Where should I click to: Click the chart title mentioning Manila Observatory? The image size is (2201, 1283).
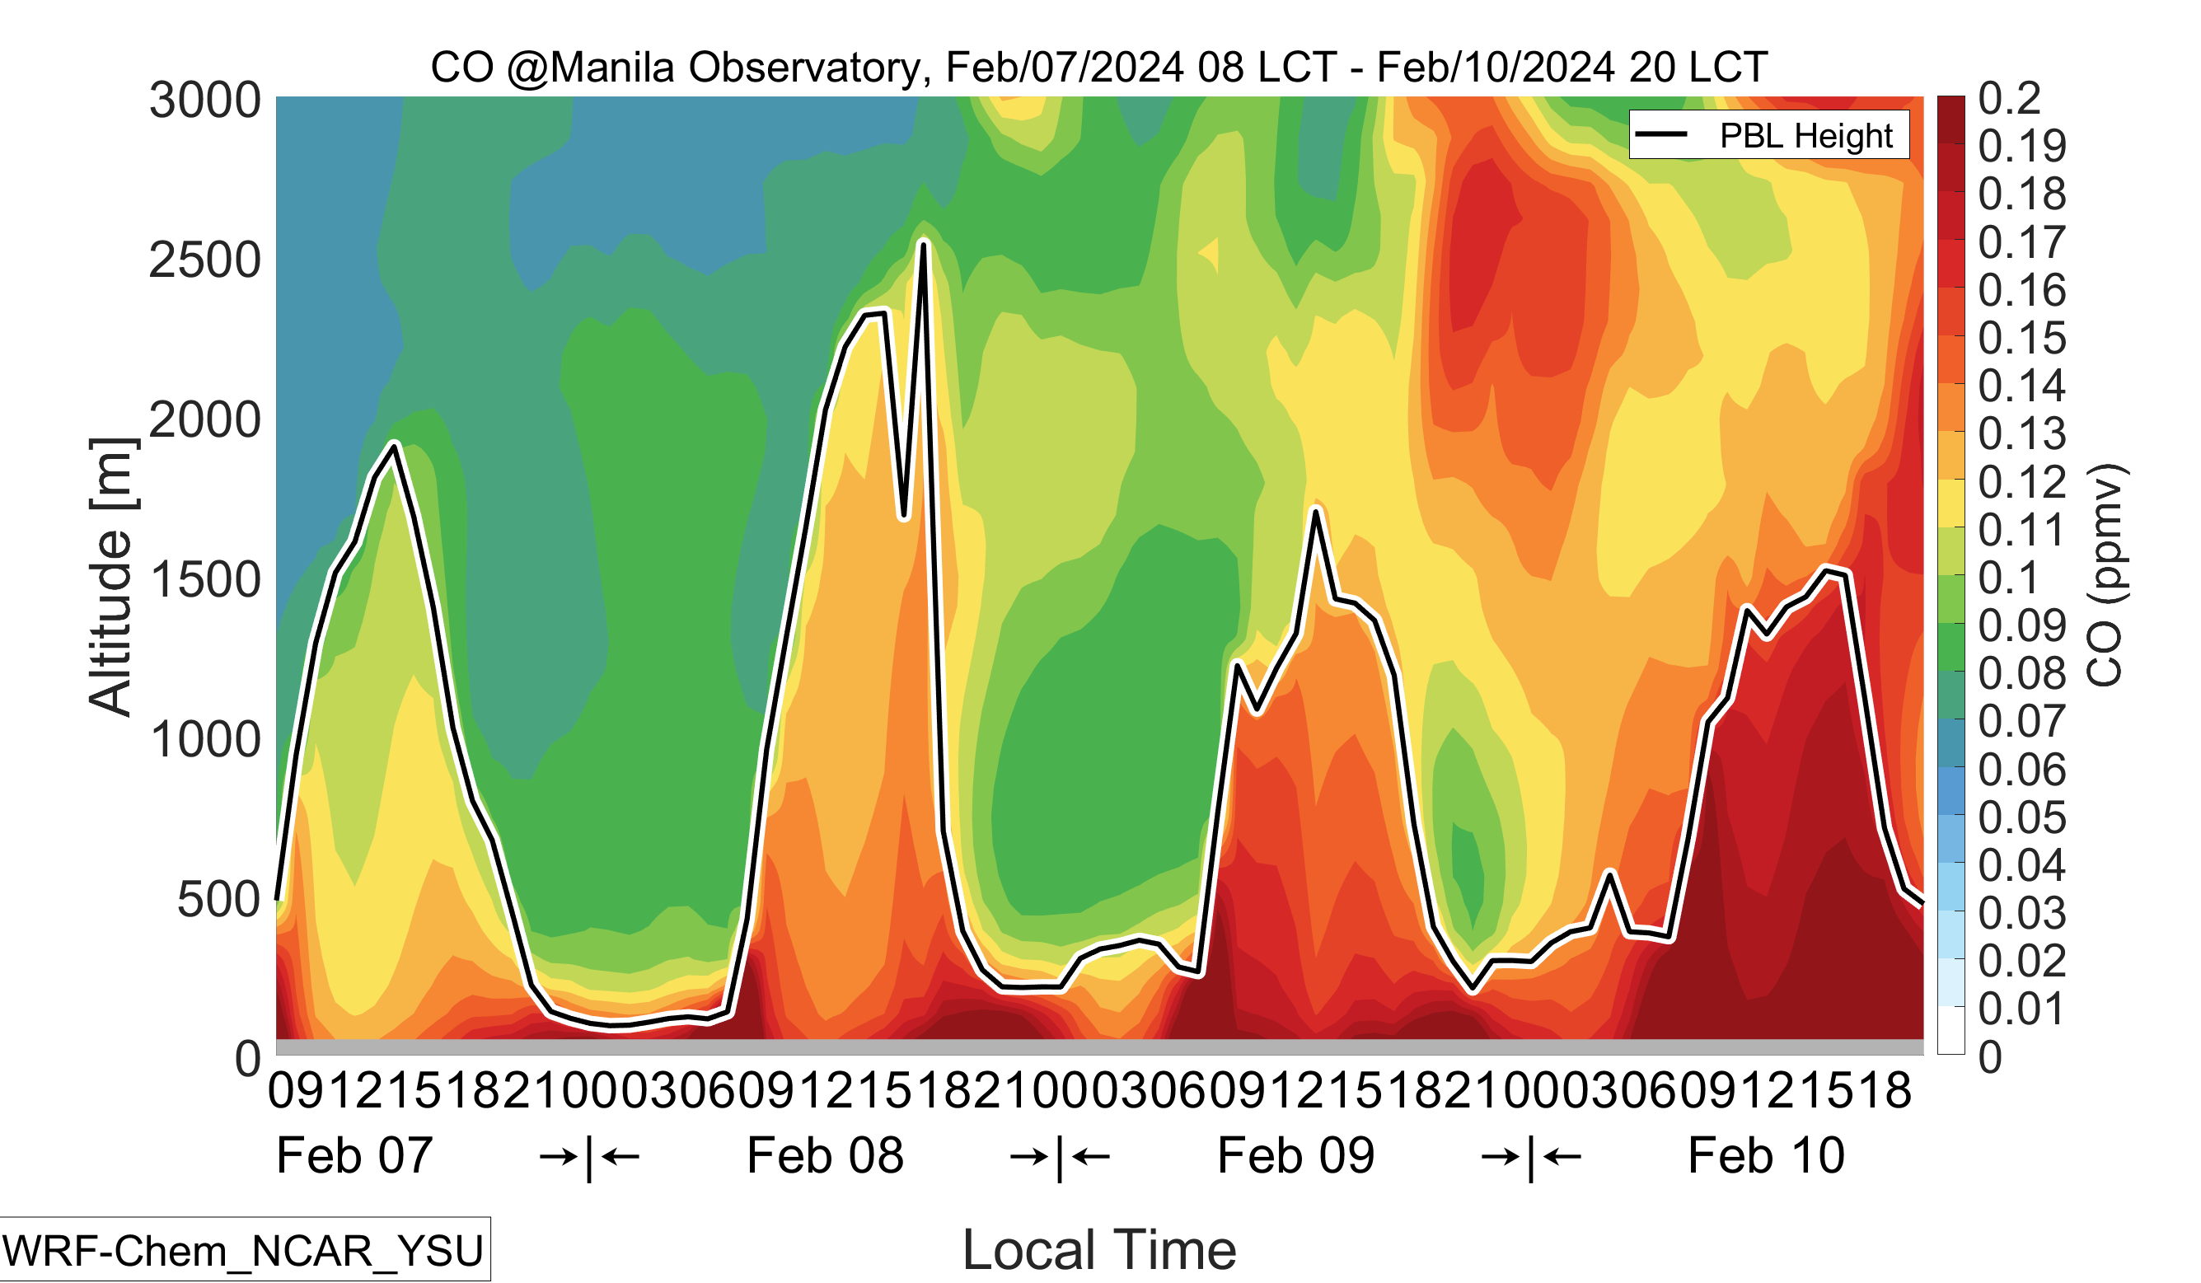click(x=1098, y=68)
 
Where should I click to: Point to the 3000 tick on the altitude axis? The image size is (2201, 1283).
click(x=205, y=101)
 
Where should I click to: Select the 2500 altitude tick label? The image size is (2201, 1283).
click(x=205, y=260)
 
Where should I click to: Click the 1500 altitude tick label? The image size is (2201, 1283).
click(x=205, y=580)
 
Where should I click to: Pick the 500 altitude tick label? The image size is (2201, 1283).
click(x=218, y=900)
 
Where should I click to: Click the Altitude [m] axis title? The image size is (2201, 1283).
click(x=112, y=578)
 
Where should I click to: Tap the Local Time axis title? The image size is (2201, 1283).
click(x=1098, y=1250)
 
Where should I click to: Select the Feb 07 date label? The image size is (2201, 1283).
click(x=354, y=1156)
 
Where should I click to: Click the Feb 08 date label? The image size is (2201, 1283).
click(x=825, y=1156)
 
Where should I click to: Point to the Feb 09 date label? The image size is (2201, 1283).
click(x=1295, y=1156)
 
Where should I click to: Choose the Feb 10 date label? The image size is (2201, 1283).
click(x=1766, y=1156)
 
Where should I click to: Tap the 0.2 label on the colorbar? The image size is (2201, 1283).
click(x=2009, y=99)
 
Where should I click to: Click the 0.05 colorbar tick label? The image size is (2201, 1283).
click(x=2021, y=818)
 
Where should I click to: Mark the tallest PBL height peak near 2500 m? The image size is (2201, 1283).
click(x=923, y=243)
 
